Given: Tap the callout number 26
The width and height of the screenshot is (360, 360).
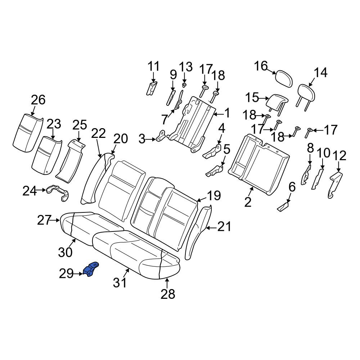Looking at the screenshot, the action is pos(39,100).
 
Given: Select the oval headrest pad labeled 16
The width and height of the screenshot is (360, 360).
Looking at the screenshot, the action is pos(284,78).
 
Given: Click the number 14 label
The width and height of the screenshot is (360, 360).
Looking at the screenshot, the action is pos(320,73).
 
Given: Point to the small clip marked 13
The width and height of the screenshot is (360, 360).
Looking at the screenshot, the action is pos(184,85).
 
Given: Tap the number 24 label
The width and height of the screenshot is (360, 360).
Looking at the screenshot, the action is pos(30,191).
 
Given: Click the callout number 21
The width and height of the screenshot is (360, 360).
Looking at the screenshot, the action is pos(224,227).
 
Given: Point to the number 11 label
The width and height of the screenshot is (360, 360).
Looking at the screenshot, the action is pos(153,66).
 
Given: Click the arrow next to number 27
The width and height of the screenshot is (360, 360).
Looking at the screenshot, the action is pos(55,220).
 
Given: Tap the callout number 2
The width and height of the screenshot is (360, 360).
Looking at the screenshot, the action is pos(248,202).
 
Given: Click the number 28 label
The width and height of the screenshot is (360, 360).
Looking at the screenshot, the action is pos(168,294).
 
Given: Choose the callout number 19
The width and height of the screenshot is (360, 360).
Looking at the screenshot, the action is pos(214,195).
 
